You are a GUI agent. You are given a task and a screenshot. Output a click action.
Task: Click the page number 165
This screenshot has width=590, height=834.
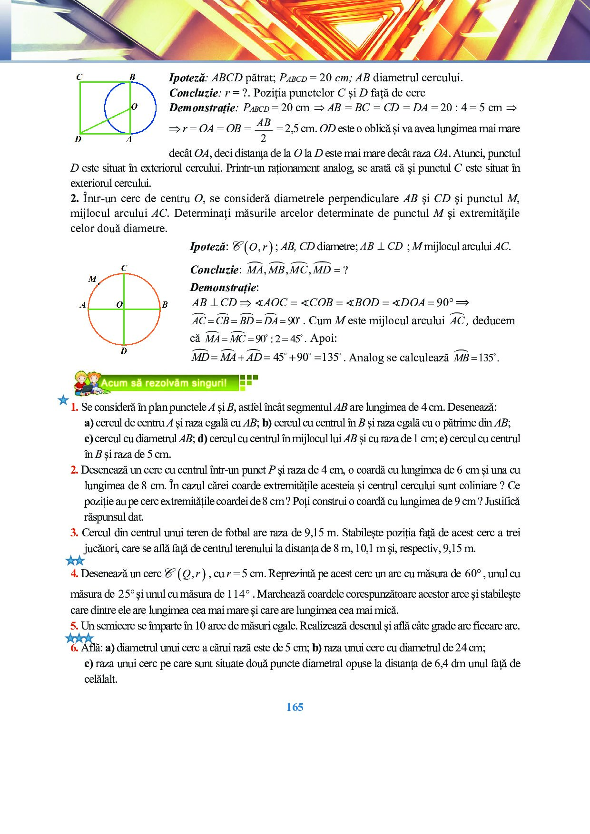[x=295, y=707]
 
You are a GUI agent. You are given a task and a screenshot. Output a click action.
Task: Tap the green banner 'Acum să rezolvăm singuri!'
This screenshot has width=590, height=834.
[x=164, y=383]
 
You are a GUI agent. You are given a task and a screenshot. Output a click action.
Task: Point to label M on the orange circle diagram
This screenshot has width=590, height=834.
[x=92, y=279]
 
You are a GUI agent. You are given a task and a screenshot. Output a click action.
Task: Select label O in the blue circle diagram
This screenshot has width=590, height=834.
[x=134, y=106]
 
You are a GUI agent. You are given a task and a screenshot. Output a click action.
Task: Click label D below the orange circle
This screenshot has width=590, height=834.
[x=124, y=351]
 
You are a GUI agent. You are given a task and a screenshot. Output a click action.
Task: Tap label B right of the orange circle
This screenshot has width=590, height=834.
[x=165, y=305]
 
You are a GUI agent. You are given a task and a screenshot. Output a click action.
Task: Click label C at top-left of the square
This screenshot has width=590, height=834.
[x=79, y=77]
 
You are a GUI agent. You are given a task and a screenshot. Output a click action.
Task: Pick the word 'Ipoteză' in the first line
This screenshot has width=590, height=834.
[x=187, y=78]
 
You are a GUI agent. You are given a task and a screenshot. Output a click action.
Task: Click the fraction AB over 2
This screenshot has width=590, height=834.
[x=263, y=130]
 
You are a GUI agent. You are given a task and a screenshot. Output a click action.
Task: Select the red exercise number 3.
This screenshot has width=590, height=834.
[x=74, y=533]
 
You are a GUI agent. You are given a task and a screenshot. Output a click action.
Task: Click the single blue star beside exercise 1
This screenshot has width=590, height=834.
[x=63, y=400]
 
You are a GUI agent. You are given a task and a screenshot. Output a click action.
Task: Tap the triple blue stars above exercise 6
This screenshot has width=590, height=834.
[x=79, y=638]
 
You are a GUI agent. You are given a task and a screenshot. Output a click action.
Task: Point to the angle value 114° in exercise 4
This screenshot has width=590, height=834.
[x=239, y=594]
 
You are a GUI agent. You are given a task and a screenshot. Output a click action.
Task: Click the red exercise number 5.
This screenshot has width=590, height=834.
[x=74, y=626]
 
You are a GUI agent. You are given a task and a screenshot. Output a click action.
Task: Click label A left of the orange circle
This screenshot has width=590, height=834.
[x=83, y=305]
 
